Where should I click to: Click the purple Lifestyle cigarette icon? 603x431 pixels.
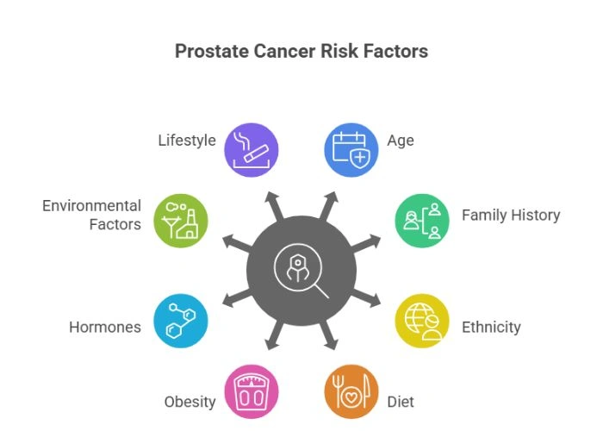pos(250,148)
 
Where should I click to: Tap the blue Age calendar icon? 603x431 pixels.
pos(351,148)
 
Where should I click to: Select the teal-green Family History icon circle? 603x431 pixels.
pos(421,220)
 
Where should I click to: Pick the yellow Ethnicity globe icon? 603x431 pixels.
pos(421,321)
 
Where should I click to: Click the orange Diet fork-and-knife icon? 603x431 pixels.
pos(351,391)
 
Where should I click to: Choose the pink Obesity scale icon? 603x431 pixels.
pos(250,391)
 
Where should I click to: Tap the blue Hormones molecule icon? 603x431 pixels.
pos(180,321)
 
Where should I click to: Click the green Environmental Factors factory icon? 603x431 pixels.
pos(180,220)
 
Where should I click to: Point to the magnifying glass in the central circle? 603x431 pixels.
pos(301,271)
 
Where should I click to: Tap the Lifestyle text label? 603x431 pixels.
pos(187,140)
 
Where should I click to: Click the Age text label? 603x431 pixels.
pos(401,140)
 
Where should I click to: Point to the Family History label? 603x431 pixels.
pos(511,215)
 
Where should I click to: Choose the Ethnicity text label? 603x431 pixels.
pos(491,327)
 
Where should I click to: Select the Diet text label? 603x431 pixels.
pos(401,402)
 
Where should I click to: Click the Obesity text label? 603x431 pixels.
pos(190,402)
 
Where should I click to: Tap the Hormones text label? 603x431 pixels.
pos(105,327)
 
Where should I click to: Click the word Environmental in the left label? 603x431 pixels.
pos(92,206)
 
